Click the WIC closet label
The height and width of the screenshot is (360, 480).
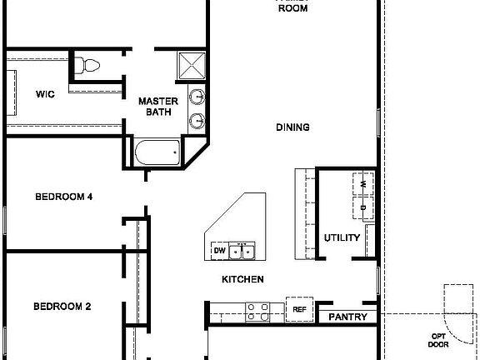pyautogui.click(x=45, y=94)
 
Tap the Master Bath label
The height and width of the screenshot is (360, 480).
pyautogui.click(x=157, y=106)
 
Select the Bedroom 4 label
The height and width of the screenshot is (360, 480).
pyautogui.click(x=63, y=197)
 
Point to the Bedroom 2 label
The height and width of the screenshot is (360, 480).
pyautogui.click(x=62, y=306)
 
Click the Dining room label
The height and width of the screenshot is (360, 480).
pyautogui.click(x=292, y=127)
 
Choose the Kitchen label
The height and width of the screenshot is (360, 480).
pyautogui.click(x=242, y=279)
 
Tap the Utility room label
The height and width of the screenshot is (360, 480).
pyautogui.click(x=342, y=237)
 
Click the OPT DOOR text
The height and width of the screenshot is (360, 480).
pyautogui.click(x=438, y=340)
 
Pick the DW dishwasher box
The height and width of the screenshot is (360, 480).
pyautogui.click(x=219, y=250)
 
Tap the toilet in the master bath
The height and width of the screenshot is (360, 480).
pyautogui.click(x=87, y=64)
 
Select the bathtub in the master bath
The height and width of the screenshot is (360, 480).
pyautogui.click(x=157, y=152)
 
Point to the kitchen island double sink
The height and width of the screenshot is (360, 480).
pyautogui.click(x=244, y=250)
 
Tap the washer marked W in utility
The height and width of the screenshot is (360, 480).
pyautogui.click(x=364, y=182)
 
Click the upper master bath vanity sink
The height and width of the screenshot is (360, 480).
pyautogui.click(x=197, y=95)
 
